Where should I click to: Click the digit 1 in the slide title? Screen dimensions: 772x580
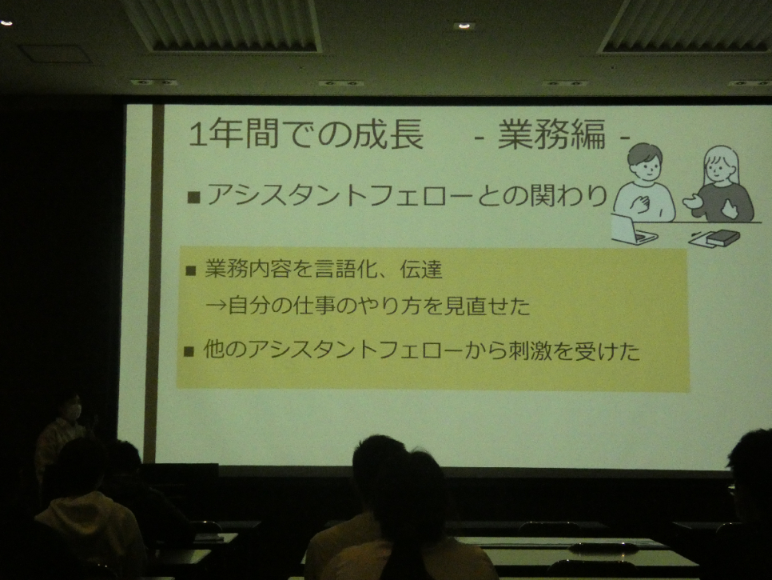197,134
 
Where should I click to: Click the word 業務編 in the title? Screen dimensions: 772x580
551,135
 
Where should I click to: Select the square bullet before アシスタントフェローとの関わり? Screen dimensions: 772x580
193,198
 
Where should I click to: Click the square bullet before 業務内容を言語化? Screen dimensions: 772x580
190,270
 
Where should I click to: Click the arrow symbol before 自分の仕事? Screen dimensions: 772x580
216,306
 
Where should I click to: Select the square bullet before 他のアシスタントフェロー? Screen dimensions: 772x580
189,351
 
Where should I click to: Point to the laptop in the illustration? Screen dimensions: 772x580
633,229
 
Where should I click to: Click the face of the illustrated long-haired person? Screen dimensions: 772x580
718,169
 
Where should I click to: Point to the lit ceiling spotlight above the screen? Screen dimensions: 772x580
464,25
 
